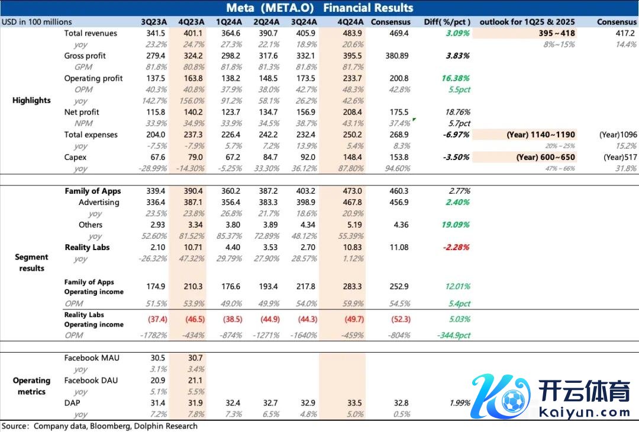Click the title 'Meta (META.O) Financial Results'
(x=319, y=8)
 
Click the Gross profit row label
(x=85, y=56)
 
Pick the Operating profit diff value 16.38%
(x=456, y=78)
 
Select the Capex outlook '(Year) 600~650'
(x=541, y=157)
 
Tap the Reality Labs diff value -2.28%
(x=456, y=247)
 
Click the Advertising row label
(x=99, y=202)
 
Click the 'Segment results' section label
(x=31, y=263)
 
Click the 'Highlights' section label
(x=31, y=100)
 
